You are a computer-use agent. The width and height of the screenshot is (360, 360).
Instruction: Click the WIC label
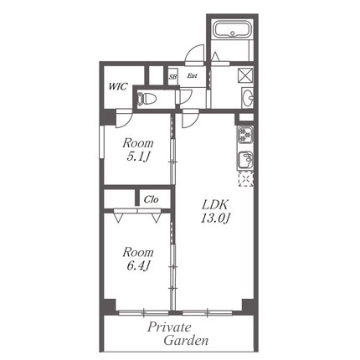(x=117, y=86)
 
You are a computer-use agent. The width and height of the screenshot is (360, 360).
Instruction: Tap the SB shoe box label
(x=172, y=77)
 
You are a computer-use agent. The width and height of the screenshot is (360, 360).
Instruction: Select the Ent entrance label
(x=192, y=75)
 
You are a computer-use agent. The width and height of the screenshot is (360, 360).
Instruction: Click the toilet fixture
(x=147, y=99)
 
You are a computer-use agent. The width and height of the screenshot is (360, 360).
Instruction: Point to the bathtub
(x=233, y=29)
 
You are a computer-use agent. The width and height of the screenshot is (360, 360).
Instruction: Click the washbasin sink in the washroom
(x=248, y=98)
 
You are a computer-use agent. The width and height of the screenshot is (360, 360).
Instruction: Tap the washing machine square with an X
(x=245, y=75)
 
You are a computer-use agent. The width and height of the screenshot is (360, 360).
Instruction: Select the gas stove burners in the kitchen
(x=245, y=135)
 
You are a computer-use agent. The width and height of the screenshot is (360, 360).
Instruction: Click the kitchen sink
(x=245, y=160)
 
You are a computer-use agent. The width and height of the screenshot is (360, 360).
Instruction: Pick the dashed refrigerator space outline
(x=245, y=179)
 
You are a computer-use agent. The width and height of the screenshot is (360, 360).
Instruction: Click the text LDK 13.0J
(x=215, y=212)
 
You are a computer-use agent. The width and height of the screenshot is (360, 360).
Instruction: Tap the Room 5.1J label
(x=138, y=150)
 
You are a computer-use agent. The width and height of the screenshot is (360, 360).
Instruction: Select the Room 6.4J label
(x=138, y=260)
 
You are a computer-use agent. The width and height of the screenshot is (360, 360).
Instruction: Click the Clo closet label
(x=152, y=199)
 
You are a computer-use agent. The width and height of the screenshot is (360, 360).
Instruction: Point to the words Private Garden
(x=178, y=334)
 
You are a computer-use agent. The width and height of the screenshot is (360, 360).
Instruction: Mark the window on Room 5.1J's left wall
(x=101, y=142)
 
